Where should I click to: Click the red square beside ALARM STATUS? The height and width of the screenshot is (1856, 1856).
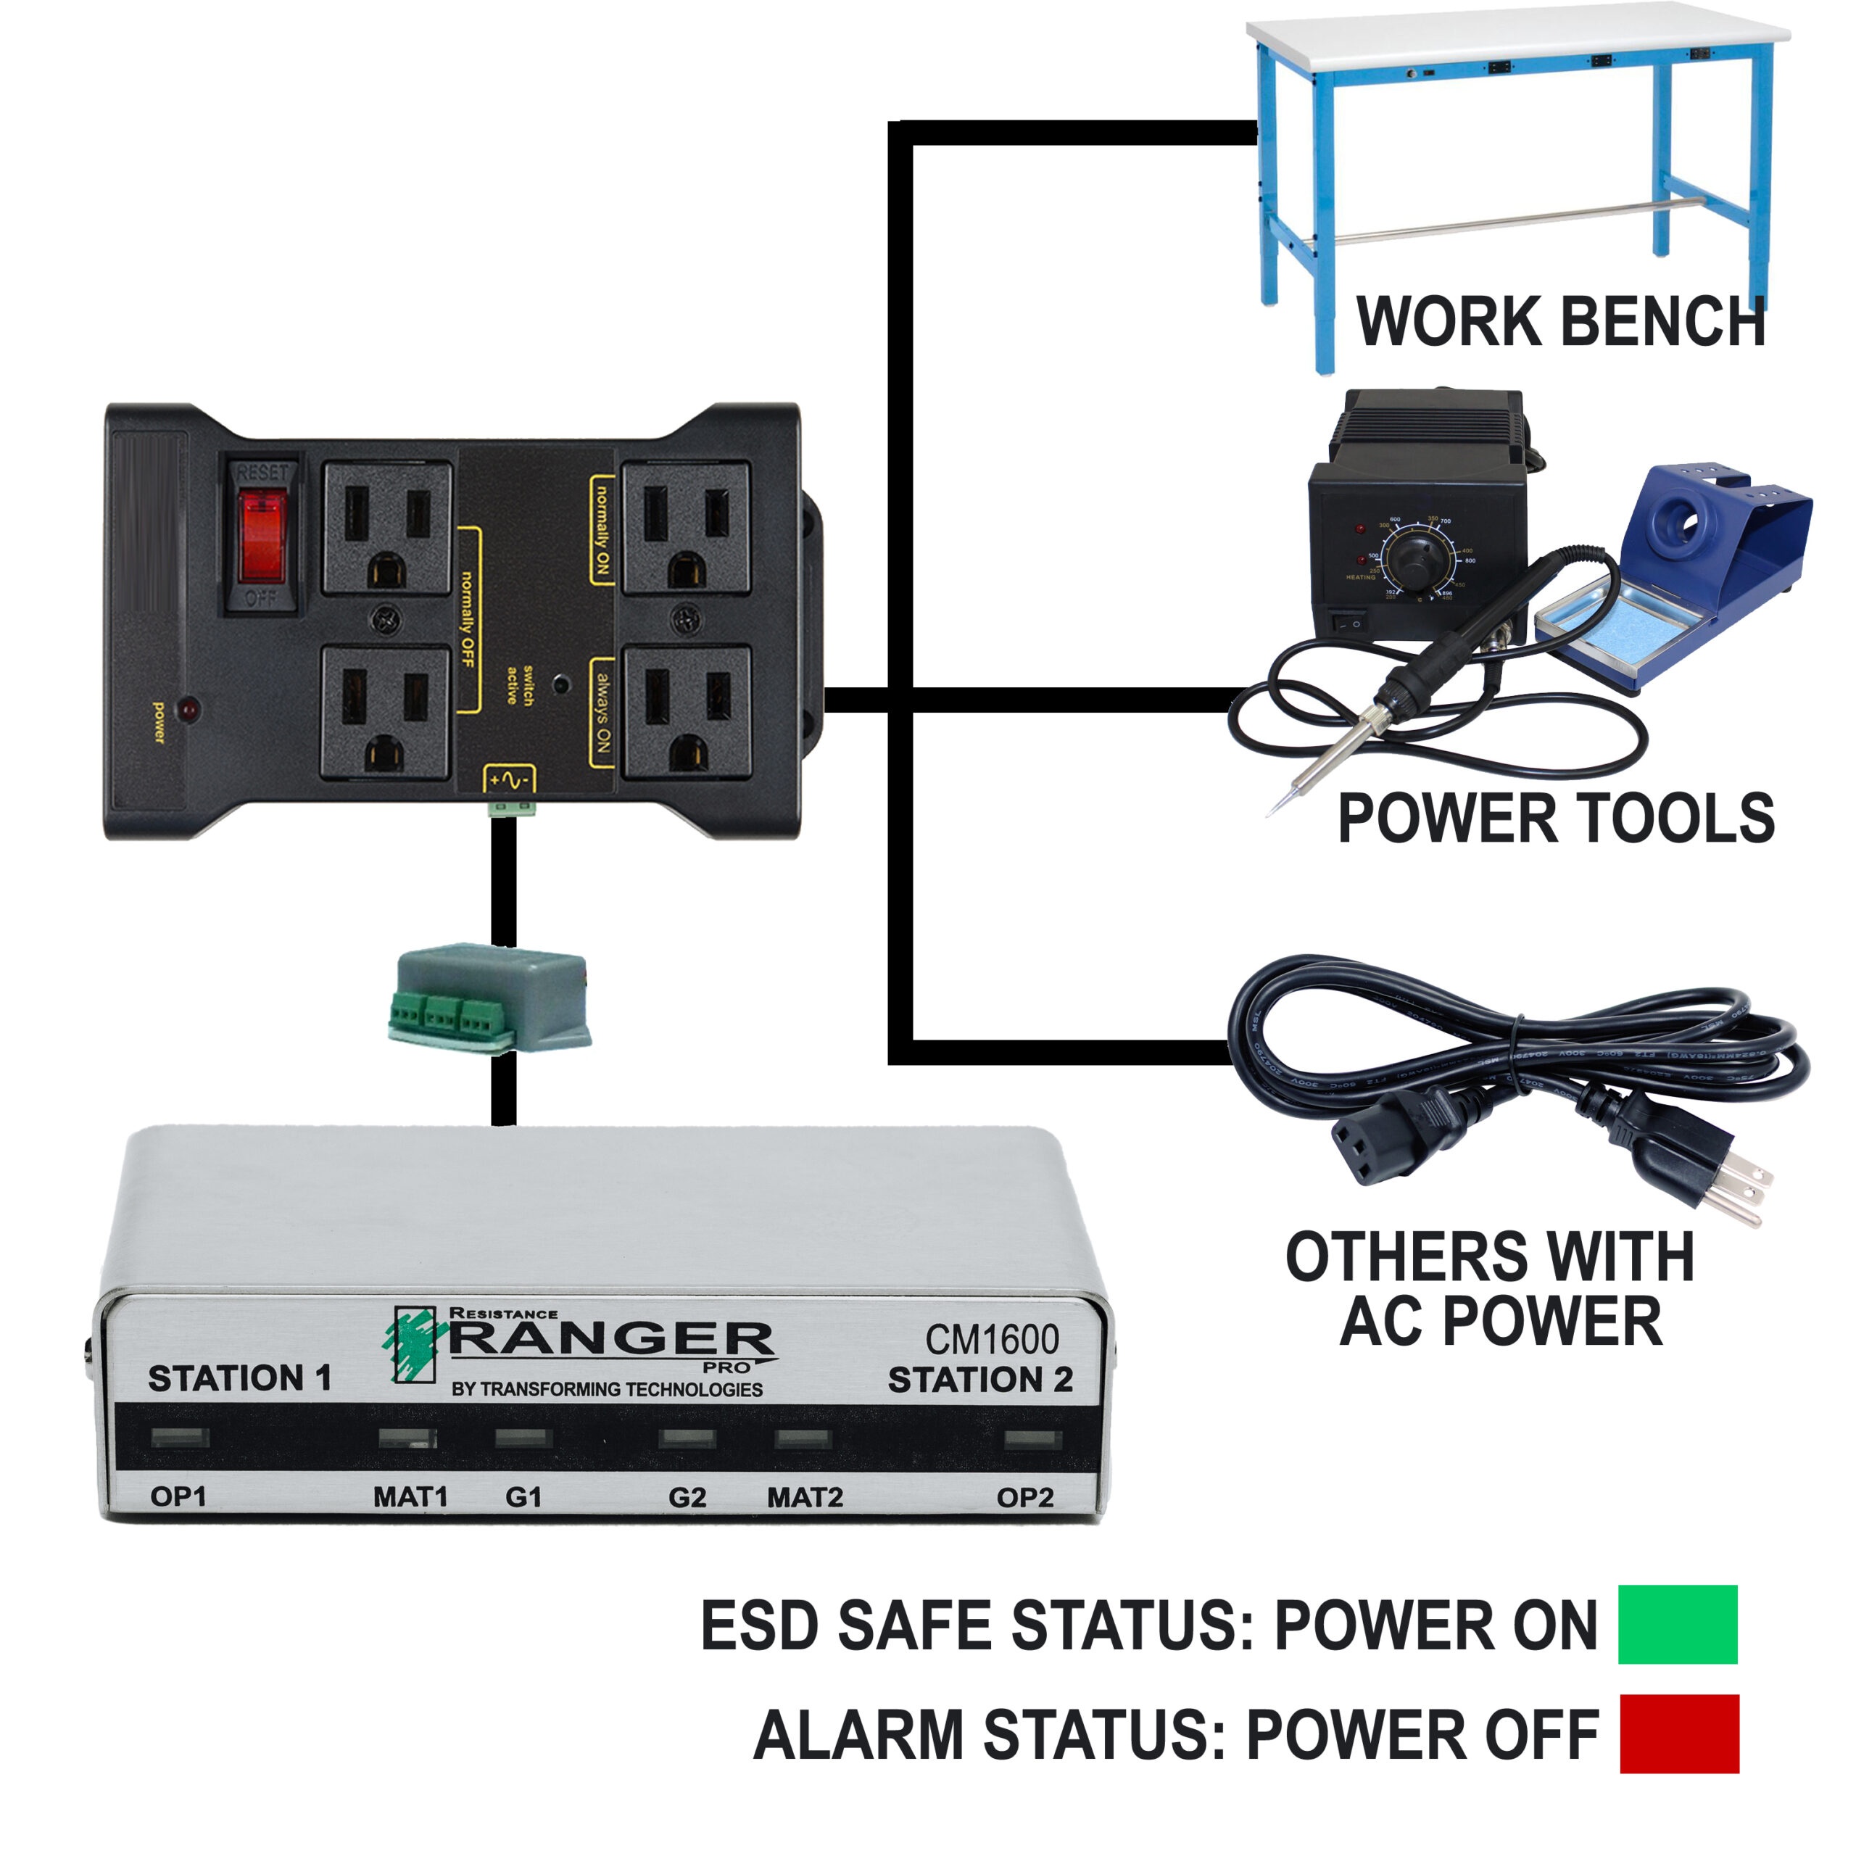1678,1734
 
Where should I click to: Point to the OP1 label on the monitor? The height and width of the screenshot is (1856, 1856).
178,1496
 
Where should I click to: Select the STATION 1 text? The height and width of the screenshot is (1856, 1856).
239,1378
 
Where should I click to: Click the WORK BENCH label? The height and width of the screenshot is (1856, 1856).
1560,321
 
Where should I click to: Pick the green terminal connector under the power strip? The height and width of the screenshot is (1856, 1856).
511,807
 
